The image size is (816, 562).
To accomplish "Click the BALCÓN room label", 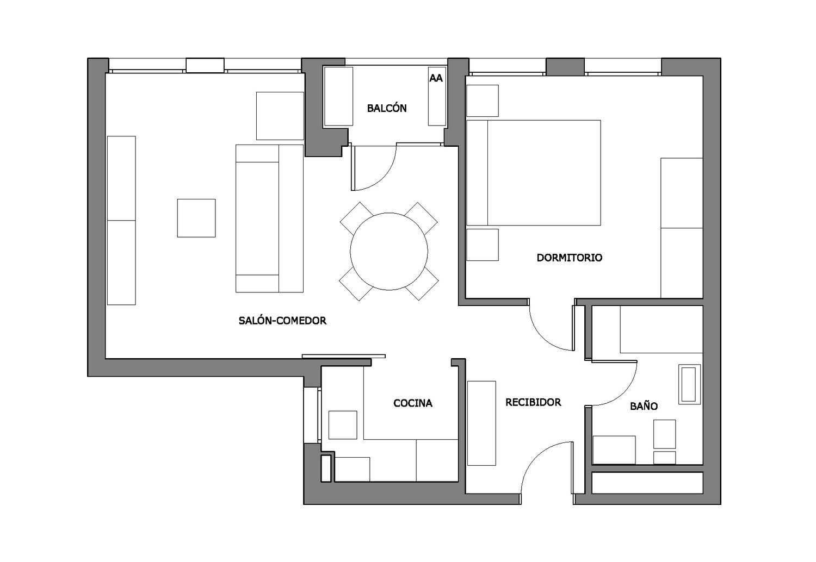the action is tap(386, 108).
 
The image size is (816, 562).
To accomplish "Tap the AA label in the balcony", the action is tap(436, 78).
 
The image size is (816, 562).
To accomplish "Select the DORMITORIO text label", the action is tap(570, 258).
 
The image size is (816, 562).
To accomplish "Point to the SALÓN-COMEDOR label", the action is tap(282, 320).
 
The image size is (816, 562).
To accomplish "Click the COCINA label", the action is tap(413, 403).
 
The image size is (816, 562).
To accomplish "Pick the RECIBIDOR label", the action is tap(533, 402).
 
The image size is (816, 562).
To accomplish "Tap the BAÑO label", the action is tap(644, 406).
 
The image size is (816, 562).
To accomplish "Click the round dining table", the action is tap(389, 252).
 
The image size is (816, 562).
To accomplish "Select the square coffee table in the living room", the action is tap(196, 218).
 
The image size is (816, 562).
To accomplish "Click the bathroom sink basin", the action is tap(689, 384).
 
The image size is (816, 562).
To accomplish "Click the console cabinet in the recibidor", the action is tap(481, 423).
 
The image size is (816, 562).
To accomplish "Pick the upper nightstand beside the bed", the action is tap(483, 101).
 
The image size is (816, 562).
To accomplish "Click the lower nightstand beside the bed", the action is tap(483, 245).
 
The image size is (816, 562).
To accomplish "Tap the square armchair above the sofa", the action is tap(280, 116).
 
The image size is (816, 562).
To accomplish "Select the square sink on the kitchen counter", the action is tap(343, 425).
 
